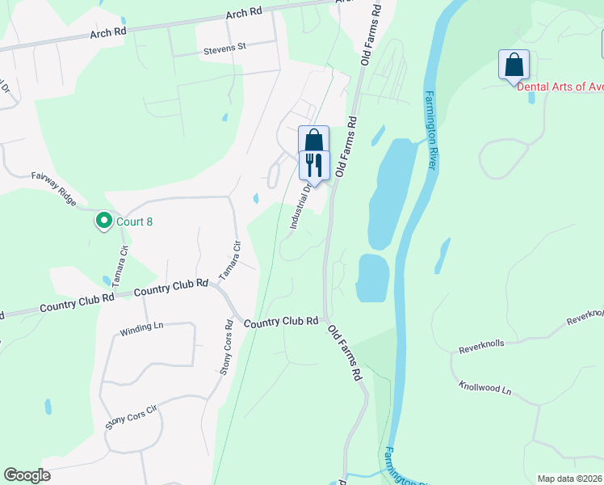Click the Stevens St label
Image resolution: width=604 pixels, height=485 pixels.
point(224,48)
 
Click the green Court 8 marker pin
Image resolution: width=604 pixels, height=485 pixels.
point(103,220)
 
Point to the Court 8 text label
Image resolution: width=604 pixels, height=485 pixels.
point(133,220)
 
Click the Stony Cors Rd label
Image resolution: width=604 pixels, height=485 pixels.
point(227,353)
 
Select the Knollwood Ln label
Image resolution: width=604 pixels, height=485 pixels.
point(484,390)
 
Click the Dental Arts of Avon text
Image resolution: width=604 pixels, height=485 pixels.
point(560,86)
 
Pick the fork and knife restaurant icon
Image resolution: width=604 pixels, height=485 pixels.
point(314,165)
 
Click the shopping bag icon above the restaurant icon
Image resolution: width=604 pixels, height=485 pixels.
point(314,140)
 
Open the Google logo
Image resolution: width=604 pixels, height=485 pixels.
point(27,475)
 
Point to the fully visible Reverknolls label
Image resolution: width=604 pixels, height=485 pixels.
point(481,344)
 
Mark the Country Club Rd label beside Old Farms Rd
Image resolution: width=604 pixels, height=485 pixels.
point(281,322)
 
